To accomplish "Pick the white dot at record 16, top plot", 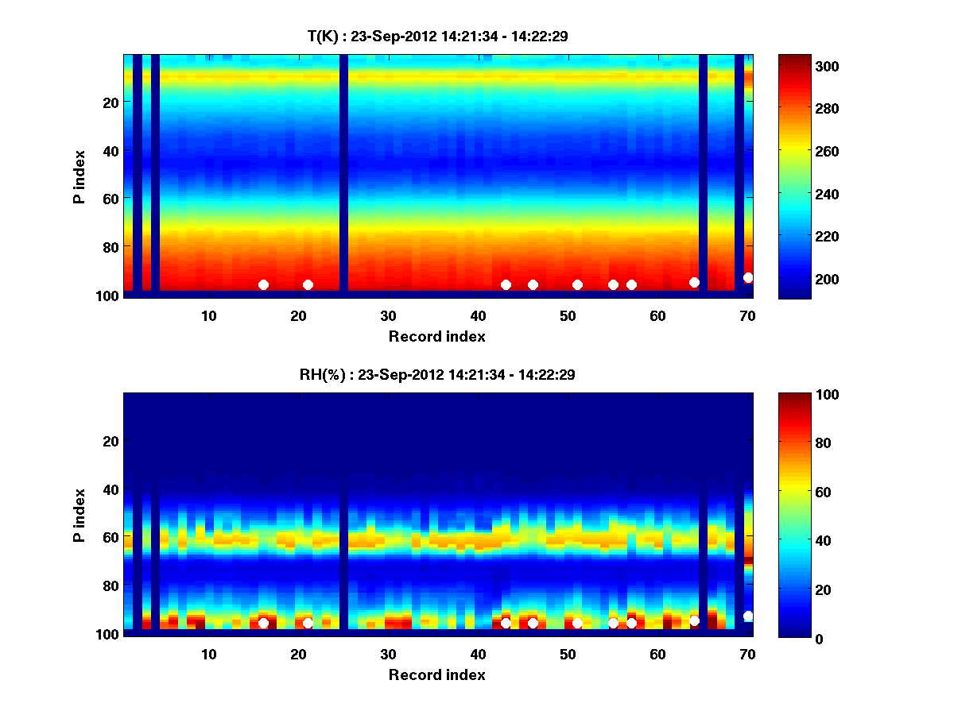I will (263, 284).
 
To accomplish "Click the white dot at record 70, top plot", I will (748, 277).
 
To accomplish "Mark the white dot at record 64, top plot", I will (694, 282).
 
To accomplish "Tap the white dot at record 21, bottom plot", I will (308, 623).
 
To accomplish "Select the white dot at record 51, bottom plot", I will (577, 623).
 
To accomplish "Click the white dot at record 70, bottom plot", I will (748, 616).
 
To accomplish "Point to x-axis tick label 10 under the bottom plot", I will (208, 654).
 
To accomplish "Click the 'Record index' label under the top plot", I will (436, 336).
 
